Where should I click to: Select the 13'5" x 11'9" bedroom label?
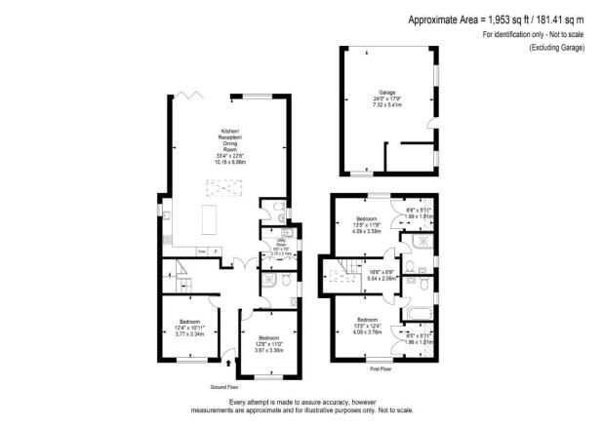[x=367, y=223]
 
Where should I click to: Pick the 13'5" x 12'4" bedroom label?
[x=367, y=324]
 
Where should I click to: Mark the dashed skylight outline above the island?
[x=212, y=190]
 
